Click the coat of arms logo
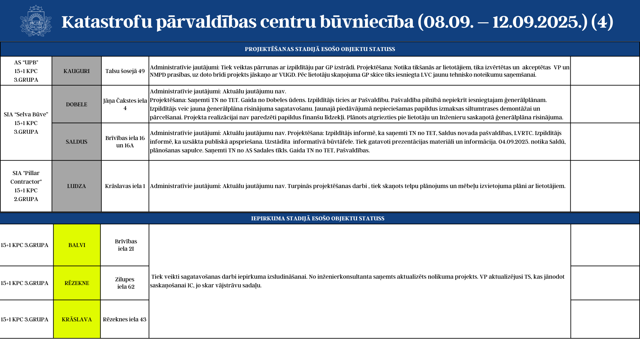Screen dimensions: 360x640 click(x=36, y=21)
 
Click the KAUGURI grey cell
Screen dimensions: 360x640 click(x=76, y=71)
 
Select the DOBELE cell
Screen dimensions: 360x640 click(x=76, y=104)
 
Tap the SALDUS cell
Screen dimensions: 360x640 click(x=76, y=142)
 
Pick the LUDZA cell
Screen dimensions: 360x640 click(x=76, y=186)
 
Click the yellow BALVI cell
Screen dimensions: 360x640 click(x=77, y=245)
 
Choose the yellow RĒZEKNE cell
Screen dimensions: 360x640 click(x=77, y=283)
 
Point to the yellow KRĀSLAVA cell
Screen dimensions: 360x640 click(x=77, y=319)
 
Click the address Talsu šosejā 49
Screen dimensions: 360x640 click(x=125, y=71)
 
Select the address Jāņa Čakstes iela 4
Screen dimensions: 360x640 click(x=125, y=104)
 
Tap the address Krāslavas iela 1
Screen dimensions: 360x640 click(x=125, y=186)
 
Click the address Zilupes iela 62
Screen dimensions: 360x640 click(x=125, y=283)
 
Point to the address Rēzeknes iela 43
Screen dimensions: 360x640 click(x=125, y=319)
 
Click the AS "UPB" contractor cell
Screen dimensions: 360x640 click(x=26, y=71)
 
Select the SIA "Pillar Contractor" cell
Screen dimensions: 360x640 click(x=26, y=186)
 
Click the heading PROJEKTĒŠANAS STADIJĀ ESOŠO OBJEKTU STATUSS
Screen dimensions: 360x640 click(x=320, y=49)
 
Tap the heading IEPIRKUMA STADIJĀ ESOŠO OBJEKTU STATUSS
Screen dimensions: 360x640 click(x=317, y=218)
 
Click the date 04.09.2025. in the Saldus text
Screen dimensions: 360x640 click(x=514, y=142)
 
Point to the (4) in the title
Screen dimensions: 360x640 click(x=602, y=22)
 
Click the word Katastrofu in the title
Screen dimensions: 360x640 click(x=107, y=22)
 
